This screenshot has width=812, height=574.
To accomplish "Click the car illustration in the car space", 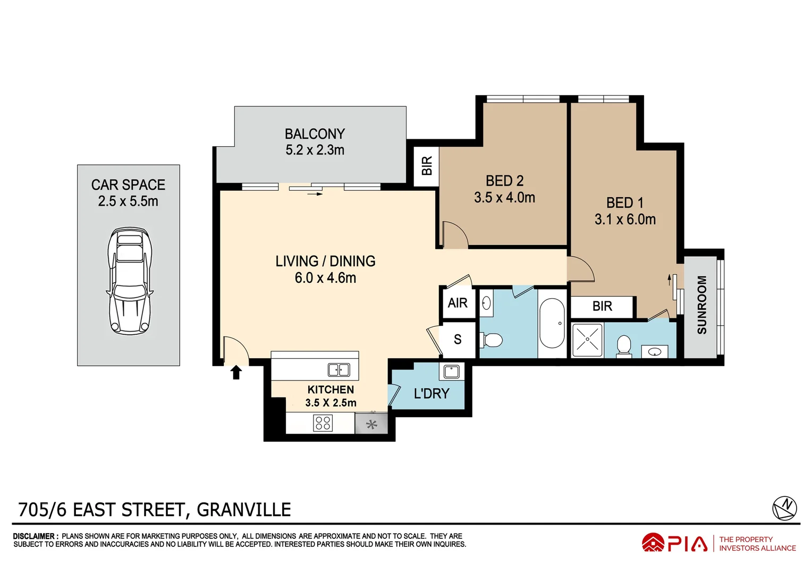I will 130,281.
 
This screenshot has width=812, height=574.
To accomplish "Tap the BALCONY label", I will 315,134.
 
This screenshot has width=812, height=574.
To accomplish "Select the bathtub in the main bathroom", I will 552,323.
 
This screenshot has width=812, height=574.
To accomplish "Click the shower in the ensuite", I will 587,340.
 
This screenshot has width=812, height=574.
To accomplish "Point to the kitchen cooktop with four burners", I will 323,423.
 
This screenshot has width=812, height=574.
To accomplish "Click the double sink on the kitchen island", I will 339,369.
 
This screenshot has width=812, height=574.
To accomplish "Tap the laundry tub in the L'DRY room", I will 452,372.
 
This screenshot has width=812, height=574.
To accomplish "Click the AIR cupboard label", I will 458,303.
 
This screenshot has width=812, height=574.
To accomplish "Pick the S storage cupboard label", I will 458,339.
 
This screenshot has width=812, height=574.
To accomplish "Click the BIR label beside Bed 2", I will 427,166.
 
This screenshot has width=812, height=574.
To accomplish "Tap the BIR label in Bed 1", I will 602,306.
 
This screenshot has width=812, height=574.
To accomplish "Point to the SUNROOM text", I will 701,305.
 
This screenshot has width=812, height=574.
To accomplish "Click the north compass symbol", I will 784,508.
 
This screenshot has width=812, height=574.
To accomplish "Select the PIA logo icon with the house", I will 653,543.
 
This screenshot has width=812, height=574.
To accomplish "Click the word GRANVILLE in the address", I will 244,510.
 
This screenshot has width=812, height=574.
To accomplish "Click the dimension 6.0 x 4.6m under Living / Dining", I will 325,278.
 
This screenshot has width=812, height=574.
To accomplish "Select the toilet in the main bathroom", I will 492,340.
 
